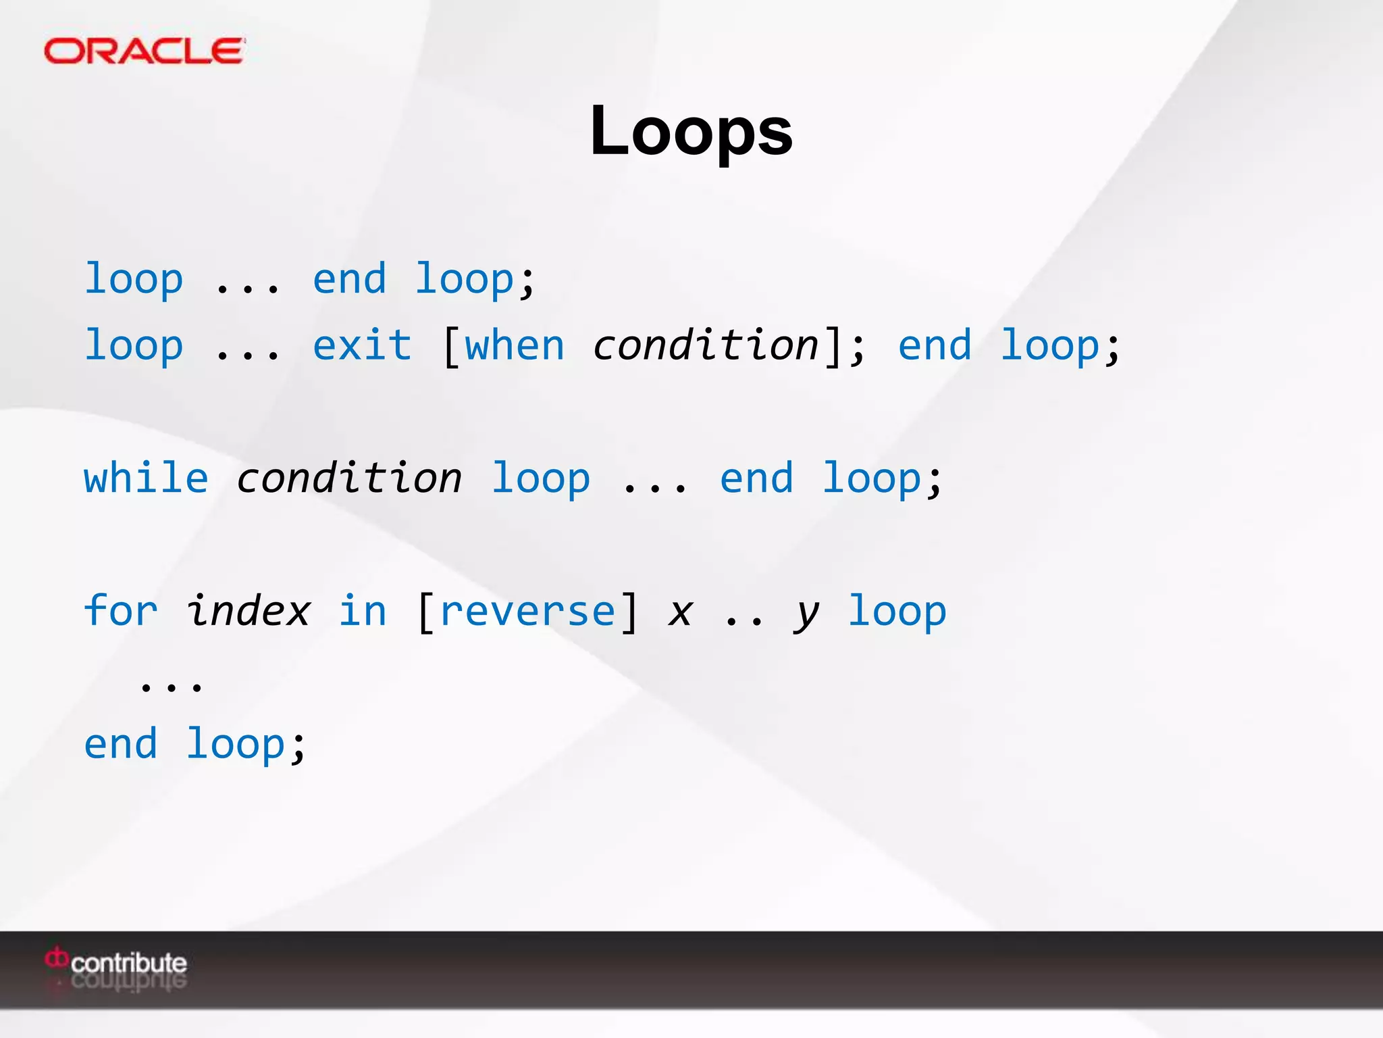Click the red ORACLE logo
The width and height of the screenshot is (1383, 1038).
(144, 51)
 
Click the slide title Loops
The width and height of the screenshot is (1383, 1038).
(691, 131)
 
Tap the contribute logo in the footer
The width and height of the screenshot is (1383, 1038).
(118, 962)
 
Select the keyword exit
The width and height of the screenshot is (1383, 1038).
(362, 345)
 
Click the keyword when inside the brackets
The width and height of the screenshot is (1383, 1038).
(515, 345)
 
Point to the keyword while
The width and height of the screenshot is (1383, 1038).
(146, 478)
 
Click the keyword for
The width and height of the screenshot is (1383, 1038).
(121, 611)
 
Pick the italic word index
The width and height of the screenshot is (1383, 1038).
(248, 611)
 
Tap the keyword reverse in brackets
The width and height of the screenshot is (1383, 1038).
(527, 611)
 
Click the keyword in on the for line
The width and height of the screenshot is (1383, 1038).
(363, 611)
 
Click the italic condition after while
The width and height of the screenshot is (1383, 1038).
(349, 478)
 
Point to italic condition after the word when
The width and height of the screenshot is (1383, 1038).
(706, 345)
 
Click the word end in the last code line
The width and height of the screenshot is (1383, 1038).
(121, 744)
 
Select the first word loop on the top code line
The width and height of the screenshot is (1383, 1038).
(134, 279)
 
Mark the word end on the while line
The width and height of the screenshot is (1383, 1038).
(756, 478)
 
